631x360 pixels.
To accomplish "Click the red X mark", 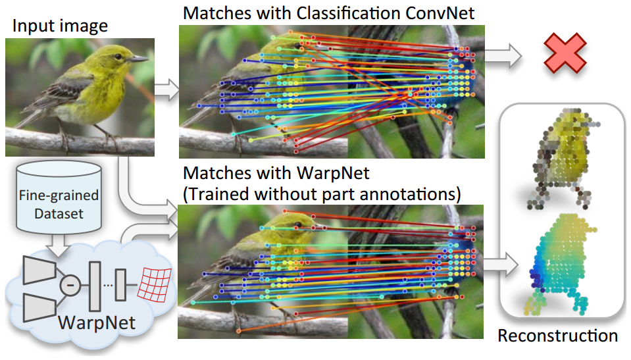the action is tap(565, 53).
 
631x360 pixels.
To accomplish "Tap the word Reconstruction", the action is tap(557, 336).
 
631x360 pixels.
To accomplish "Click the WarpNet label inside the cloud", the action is tap(97, 322).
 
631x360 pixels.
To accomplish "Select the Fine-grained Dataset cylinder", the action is tap(59, 198).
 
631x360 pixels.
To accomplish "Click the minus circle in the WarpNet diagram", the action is tap(70, 285).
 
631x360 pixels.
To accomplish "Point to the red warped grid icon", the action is tap(154, 285).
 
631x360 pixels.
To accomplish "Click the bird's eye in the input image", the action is tap(118, 57).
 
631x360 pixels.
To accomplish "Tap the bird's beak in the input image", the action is tap(138, 59).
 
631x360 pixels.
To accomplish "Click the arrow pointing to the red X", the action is tap(503, 55).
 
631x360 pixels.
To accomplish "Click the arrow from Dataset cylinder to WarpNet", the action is tap(58, 244).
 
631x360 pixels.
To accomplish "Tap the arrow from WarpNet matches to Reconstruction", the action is tap(500, 265).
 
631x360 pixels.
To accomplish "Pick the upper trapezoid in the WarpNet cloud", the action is tap(39, 270).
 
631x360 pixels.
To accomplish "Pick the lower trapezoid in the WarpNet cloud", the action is tap(39, 307).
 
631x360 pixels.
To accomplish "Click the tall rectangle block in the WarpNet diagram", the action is tap(95, 286).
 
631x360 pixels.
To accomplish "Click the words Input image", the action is tap(60, 26).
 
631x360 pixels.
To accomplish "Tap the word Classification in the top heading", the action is tap(349, 13).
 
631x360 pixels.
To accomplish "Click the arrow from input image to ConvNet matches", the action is tap(166, 90).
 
